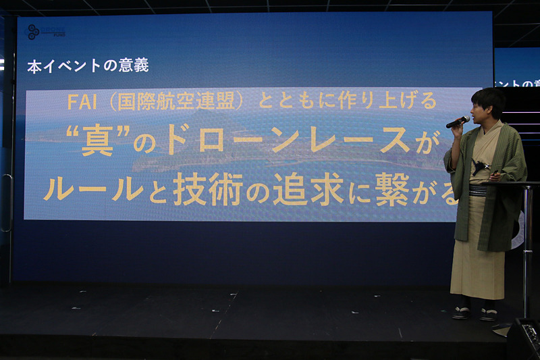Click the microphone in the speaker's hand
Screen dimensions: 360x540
click(x=457, y=122)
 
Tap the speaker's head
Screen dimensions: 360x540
click(x=487, y=103)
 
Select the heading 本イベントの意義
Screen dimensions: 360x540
click(x=87, y=66)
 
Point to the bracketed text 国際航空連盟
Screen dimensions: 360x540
click(x=180, y=102)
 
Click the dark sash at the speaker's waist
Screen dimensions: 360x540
click(x=477, y=190)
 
